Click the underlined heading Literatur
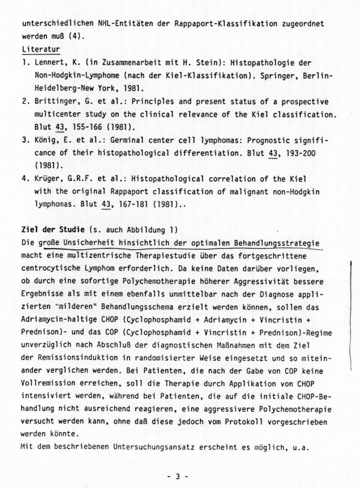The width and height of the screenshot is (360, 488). click(x=40, y=48)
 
